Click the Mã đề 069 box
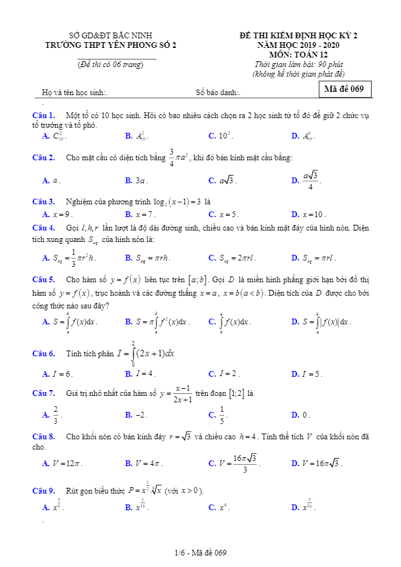(x=344, y=89)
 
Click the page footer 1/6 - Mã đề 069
(x=200, y=552)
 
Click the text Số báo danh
(x=218, y=93)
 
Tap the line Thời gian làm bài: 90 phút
(x=298, y=64)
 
